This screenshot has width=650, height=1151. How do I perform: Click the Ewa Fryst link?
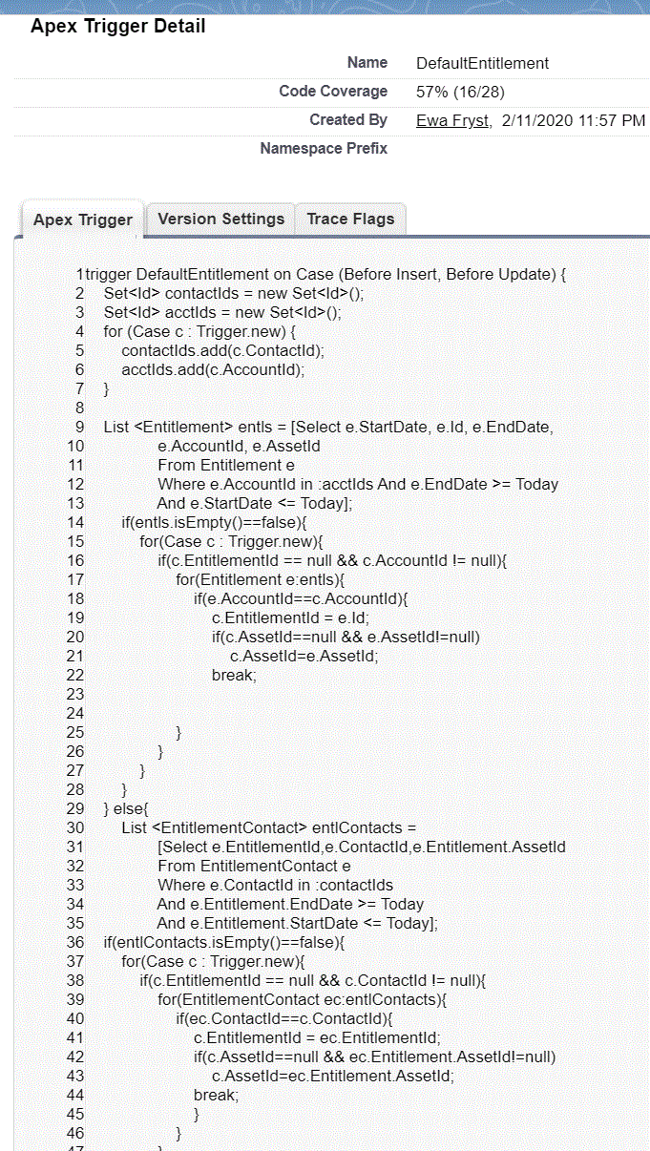click(452, 120)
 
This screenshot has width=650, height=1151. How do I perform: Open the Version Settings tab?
click(220, 219)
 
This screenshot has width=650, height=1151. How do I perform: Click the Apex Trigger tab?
click(83, 220)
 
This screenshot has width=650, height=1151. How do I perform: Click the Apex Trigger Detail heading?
click(117, 26)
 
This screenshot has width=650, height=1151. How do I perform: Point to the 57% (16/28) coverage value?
click(460, 92)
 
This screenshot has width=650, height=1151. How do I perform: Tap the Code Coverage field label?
click(333, 92)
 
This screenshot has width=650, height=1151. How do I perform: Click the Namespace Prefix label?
click(324, 149)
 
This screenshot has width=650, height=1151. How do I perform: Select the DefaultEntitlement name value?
click(482, 63)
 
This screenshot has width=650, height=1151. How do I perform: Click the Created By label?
click(348, 120)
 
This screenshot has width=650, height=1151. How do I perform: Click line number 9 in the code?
click(80, 427)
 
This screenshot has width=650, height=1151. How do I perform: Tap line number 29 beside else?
click(75, 808)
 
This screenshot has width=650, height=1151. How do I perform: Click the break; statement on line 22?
click(235, 675)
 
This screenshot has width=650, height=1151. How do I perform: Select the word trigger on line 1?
click(109, 274)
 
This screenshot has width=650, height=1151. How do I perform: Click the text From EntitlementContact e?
click(254, 866)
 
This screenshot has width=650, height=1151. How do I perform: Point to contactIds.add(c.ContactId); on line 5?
click(222, 350)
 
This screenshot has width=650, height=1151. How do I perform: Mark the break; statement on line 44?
click(217, 1095)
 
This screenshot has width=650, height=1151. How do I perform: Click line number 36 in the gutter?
click(75, 942)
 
